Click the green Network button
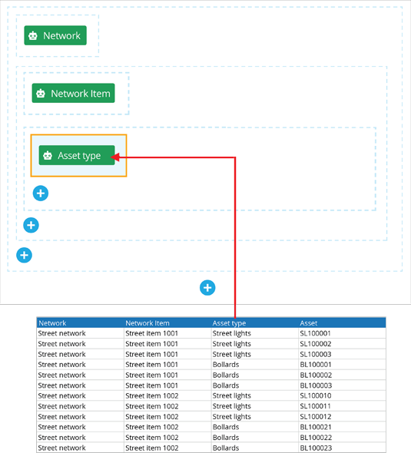point(55,35)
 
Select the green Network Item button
point(73,93)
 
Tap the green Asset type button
point(77,155)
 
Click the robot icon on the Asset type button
point(48,155)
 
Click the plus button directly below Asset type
point(41,193)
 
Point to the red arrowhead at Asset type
point(115,157)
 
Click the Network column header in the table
point(52,323)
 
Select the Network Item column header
point(147,323)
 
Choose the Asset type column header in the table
point(229,323)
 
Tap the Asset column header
point(308,323)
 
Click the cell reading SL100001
point(315,333)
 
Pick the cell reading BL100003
point(316,385)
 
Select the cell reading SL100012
point(315,417)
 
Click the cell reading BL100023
point(316,448)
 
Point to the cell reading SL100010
point(315,395)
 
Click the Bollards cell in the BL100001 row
point(226,364)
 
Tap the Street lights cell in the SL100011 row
point(231,406)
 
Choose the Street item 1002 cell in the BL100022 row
point(152,438)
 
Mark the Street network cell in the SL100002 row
point(61,344)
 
